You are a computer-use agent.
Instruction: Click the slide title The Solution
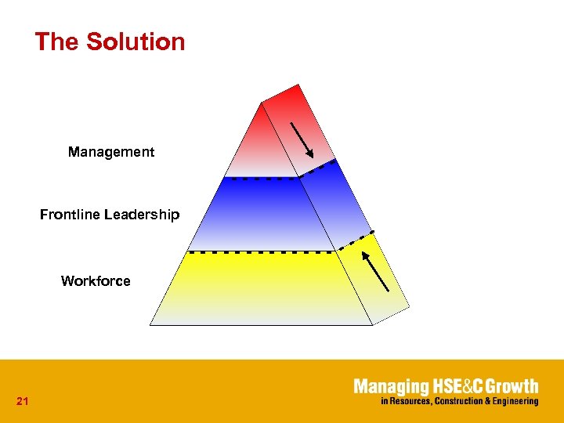110,42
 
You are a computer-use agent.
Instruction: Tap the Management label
111,152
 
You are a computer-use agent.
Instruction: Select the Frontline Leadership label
110,215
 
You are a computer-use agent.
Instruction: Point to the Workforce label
96,281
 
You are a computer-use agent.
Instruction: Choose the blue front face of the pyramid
258,215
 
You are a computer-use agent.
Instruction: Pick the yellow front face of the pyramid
258,286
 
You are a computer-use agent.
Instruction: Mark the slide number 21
22,402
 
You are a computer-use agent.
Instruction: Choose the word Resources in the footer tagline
409,401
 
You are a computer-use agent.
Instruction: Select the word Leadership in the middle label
143,215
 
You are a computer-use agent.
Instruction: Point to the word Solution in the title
136,42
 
